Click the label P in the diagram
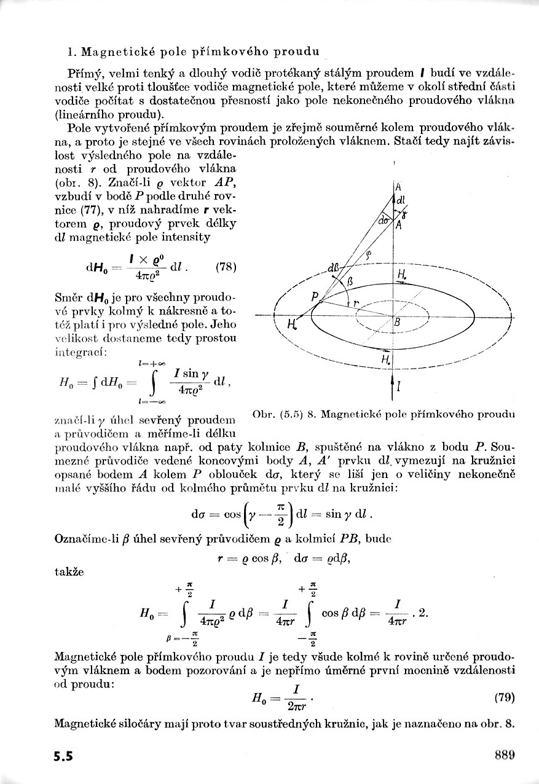pos(315,297)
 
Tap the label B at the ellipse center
pos(397,322)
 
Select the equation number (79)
pos(503,697)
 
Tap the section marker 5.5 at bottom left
pos(63,756)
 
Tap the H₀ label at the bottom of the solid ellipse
pos(386,359)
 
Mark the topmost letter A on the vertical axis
pos(398,187)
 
